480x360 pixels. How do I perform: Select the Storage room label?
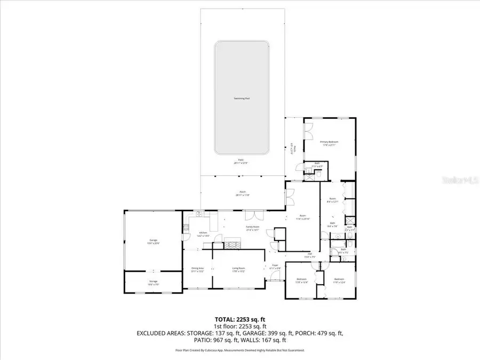tap(153, 284)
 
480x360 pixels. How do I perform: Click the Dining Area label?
tap(198, 270)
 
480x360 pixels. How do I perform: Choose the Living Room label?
tap(238, 269)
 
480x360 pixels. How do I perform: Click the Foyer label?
tap(275, 266)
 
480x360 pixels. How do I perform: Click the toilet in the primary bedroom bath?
tap(318, 172)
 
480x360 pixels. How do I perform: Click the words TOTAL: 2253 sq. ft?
tap(239, 318)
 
